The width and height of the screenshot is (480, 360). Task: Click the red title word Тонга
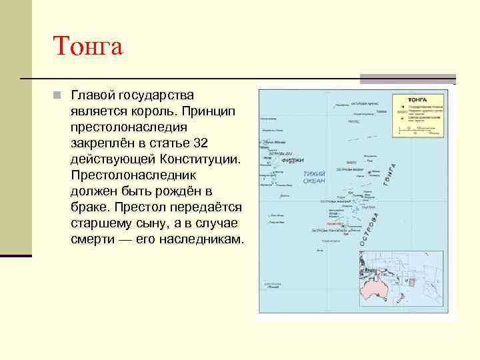pos(88,47)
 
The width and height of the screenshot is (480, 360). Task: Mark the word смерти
pos(91,239)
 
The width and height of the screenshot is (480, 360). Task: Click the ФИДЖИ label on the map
pos(293,161)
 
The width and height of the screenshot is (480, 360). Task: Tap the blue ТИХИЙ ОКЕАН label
pos(314,177)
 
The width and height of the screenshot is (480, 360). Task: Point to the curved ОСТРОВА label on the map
pos(370,229)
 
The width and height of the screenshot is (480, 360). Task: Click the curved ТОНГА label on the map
pos(389,175)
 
